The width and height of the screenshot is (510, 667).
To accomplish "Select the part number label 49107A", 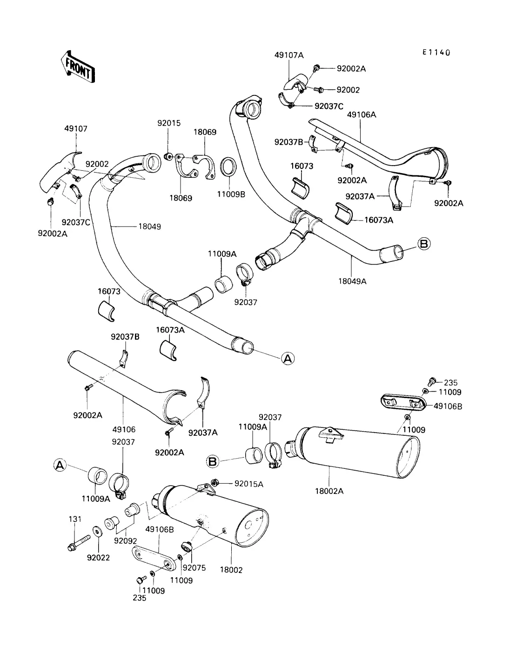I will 289,55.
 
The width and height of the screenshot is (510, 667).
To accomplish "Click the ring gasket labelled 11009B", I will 227,167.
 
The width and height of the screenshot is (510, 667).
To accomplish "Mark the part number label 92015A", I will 248,484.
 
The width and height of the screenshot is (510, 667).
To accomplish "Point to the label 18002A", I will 329,491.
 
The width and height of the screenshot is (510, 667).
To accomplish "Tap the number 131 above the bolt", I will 75,519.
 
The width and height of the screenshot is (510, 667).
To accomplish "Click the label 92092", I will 126,541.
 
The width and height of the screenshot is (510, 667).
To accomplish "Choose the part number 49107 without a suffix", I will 76,129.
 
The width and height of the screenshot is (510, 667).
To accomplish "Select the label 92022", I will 98,558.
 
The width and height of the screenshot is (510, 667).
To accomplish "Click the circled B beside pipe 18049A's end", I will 424,243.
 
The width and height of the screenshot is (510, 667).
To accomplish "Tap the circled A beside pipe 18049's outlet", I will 288,358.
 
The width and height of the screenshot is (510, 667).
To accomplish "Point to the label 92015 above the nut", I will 169,123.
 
